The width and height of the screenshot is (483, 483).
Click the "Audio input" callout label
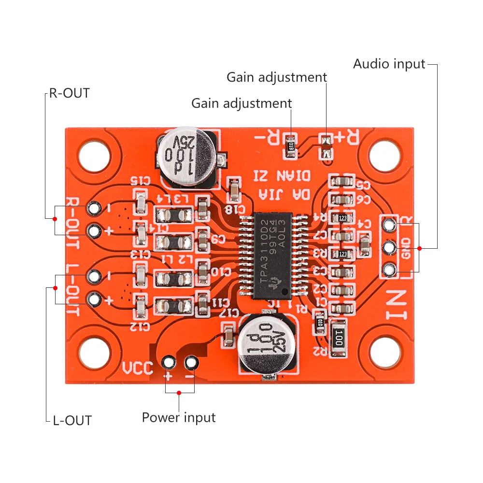(x=389, y=64)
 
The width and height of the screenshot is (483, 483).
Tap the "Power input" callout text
(x=179, y=417)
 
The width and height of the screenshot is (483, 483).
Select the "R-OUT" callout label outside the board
(x=70, y=93)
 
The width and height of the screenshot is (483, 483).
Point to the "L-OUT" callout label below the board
(x=72, y=420)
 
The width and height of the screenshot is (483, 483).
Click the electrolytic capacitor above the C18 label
(x=188, y=157)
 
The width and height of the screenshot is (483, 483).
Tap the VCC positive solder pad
(x=169, y=362)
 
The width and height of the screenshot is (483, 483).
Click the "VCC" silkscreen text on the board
(x=137, y=369)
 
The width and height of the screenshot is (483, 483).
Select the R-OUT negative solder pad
(x=94, y=209)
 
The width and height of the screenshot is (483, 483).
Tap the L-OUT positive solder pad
(x=94, y=300)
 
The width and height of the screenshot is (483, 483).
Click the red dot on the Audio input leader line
(x=419, y=248)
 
